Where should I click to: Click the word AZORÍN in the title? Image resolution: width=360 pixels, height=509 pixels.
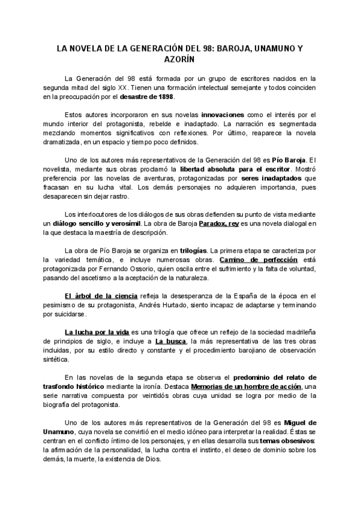(180, 60)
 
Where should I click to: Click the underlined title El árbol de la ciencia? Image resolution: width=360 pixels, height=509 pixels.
(101, 297)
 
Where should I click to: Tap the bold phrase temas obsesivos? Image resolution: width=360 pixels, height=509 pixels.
(281, 441)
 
